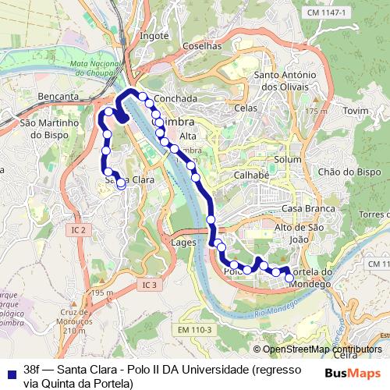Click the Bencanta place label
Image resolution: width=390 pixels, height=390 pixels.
tap(57, 97)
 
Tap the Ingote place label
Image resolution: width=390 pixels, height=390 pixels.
tap(155, 36)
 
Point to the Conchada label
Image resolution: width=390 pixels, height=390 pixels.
tap(175, 99)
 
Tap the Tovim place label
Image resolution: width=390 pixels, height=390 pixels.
tap(355, 112)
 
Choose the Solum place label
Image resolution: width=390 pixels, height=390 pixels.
tap(288, 160)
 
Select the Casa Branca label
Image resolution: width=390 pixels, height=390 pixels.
tap(308, 209)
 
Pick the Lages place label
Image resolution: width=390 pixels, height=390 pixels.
tap(183, 243)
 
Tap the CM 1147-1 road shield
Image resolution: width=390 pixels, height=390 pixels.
tap(327, 13)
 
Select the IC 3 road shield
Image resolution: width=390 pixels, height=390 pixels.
tap(150, 285)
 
